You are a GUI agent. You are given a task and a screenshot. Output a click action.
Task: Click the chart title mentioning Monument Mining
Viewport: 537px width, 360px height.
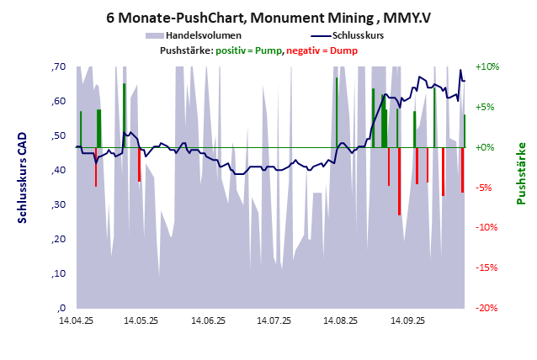268,17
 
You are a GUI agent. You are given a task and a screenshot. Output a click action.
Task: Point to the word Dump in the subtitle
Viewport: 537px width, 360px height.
343,51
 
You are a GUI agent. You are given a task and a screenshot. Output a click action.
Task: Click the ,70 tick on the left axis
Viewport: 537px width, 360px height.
58,67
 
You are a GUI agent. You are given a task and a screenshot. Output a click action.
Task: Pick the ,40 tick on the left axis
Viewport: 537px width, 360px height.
58,171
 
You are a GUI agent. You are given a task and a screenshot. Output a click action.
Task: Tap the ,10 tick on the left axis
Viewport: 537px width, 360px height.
58,274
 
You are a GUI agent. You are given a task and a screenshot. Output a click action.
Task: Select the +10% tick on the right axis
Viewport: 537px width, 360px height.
487,67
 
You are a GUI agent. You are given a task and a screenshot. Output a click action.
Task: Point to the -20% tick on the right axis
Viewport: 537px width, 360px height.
487,308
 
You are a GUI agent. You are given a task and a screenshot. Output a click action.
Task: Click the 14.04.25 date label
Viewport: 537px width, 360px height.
76,320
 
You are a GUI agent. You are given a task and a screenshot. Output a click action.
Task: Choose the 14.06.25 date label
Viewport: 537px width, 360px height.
207,320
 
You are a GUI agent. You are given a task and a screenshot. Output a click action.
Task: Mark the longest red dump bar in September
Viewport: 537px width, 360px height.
399,181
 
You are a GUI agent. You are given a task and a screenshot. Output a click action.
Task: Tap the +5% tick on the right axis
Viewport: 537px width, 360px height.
487,108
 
